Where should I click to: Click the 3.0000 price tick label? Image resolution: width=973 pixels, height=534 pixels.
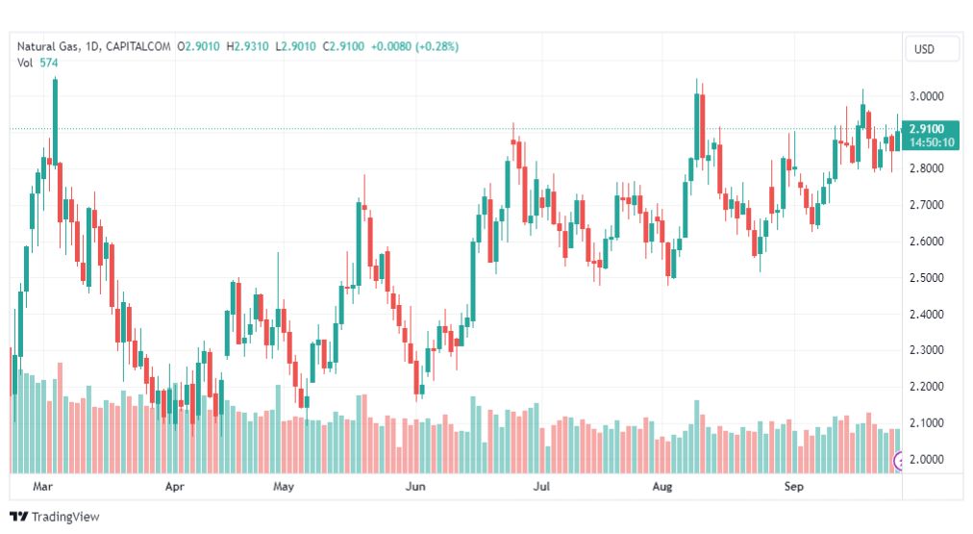927,96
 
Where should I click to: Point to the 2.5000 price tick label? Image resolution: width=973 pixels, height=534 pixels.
927,277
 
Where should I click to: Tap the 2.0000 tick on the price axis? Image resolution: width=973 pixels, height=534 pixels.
927,460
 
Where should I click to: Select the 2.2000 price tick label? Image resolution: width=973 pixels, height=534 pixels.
927,386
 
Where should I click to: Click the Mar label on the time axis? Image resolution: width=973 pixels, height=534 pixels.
42,486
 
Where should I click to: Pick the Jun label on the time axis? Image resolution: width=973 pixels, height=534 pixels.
415,486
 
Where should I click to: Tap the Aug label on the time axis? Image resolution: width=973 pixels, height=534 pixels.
662,486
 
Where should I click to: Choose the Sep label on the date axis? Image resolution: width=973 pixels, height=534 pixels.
793,486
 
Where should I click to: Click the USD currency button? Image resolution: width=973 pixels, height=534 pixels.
924,49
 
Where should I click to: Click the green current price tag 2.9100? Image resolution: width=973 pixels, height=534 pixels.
927,129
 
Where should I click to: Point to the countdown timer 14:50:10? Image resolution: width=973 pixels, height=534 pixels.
932,142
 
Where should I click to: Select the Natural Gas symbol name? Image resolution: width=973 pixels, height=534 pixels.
48,46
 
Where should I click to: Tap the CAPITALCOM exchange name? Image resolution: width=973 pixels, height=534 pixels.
137,46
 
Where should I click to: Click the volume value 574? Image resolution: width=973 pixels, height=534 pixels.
49,63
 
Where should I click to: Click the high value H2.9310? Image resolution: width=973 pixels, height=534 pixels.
248,46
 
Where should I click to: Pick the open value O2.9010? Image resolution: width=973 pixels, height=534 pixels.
199,46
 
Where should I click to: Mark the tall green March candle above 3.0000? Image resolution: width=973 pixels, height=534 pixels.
55,121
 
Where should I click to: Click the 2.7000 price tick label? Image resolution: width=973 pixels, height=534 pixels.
927,205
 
